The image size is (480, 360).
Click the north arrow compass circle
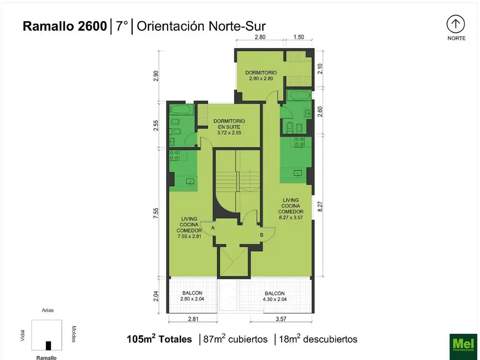(x=456, y=23)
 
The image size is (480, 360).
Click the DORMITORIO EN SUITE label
(x=229, y=124)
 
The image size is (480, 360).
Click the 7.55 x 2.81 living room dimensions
(x=189, y=236)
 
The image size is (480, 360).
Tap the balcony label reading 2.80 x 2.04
(x=192, y=299)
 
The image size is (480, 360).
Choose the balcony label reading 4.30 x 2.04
(x=275, y=299)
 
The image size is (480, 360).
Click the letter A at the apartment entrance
(x=213, y=228)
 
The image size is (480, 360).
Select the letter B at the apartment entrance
(x=262, y=235)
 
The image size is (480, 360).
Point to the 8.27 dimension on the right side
(x=321, y=207)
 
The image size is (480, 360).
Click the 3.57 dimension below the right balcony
(x=281, y=320)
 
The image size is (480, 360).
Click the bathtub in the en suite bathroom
(x=180, y=110)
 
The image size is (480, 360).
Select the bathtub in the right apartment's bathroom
(x=298, y=96)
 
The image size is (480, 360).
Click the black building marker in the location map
(x=48, y=345)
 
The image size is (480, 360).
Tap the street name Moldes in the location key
(x=74, y=334)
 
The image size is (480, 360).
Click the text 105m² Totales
(x=159, y=339)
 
